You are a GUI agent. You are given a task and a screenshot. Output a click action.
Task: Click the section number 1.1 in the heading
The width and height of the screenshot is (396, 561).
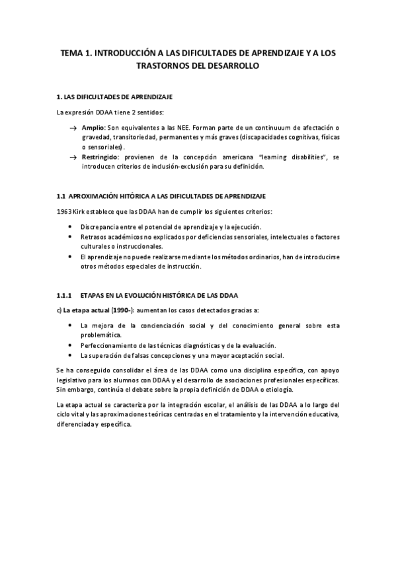[x=61, y=196]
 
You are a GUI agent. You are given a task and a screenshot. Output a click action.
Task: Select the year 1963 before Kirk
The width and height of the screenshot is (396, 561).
[x=65, y=212]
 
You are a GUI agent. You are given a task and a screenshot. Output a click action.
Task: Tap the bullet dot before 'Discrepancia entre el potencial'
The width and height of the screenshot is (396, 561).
[x=71, y=227]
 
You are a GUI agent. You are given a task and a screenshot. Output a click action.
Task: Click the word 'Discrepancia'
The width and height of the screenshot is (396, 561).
[x=100, y=227]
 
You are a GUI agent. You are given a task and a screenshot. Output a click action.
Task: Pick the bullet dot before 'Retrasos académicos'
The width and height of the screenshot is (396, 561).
[x=71, y=237]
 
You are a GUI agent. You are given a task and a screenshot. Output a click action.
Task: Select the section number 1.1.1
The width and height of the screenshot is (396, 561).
[x=65, y=294]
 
